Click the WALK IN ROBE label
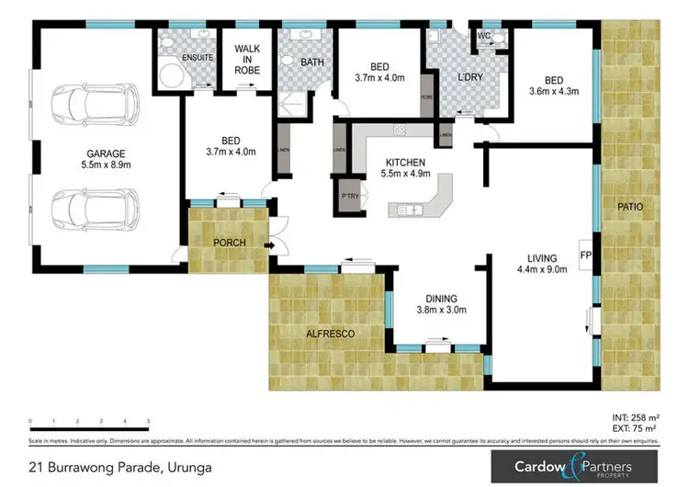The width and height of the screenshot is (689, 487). pyautogui.click(x=247, y=60)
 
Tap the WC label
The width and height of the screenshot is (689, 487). pyautogui.click(x=483, y=37)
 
